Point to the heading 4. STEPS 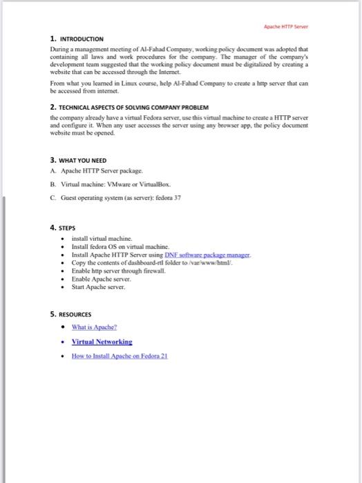click(63, 226)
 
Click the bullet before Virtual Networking click(64, 342)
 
